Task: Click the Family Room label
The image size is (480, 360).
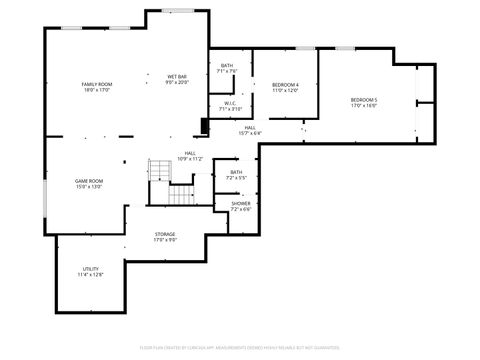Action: pos(96,83)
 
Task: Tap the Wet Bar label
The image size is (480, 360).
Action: pos(177,76)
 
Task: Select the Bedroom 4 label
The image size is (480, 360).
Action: pos(285,84)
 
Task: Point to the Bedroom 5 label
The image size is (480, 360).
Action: pos(363,99)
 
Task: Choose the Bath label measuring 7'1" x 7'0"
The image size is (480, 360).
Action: pos(227,66)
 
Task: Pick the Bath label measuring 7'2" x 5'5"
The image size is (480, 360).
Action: pos(236,172)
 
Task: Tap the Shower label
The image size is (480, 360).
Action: pos(240,203)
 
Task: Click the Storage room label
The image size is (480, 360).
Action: pos(165,234)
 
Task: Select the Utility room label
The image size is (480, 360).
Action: pos(89,269)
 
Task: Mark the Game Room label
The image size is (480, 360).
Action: pos(89,181)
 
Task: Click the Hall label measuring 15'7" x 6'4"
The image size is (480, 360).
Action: pos(248,127)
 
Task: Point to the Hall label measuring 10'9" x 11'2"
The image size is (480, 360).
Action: pos(189,153)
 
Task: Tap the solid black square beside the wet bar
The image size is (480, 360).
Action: pos(205,125)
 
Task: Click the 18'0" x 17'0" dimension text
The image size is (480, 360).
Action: pos(96,89)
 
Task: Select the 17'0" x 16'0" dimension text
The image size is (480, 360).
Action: pos(363,105)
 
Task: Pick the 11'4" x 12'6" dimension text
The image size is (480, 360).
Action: pos(89,275)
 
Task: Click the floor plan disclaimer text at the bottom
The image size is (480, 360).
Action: pos(240,347)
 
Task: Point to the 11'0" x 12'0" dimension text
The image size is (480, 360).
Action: pos(285,90)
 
